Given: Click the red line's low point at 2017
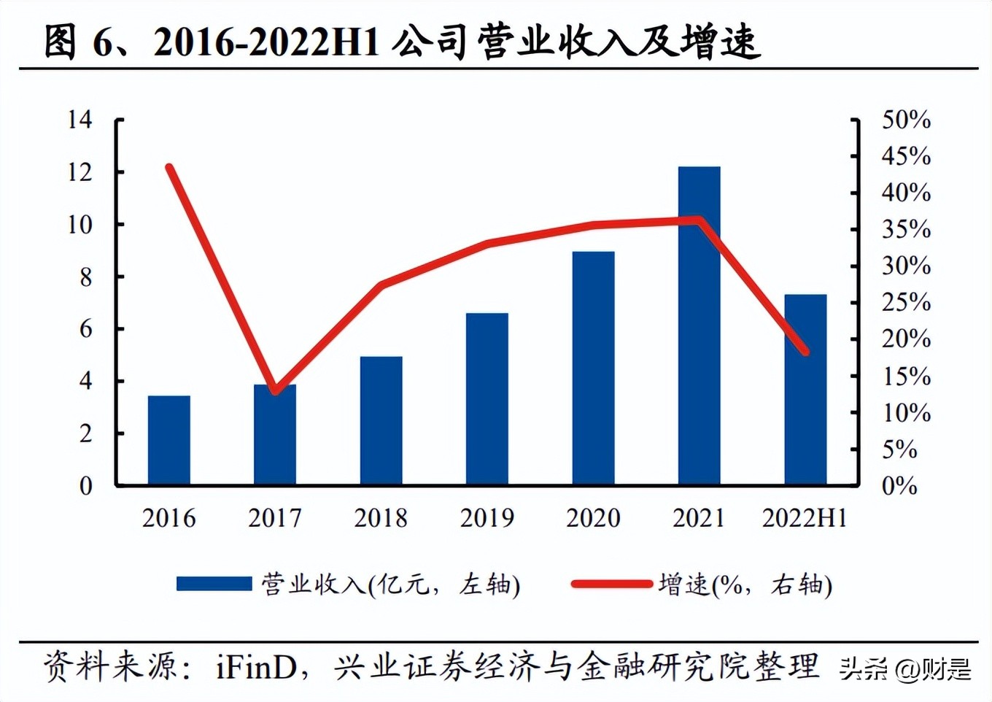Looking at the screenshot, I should click(x=275, y=390).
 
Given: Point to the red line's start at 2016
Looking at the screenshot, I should click(x=169, y=167).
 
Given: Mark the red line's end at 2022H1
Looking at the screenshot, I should click(x=805, y=352).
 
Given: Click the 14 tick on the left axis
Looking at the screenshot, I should click(x=80, y=119).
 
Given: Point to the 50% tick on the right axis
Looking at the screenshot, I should click(x=906, y=120).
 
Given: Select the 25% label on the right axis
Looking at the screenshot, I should click(x=906, y=302).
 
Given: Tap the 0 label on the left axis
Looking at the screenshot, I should click(x=85, y=486).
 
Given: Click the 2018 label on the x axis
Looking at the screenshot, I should click(x=381, y=518).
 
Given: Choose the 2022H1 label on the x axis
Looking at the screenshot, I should click(x=805, y=518).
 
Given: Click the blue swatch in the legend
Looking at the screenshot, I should click(x=214, y=584).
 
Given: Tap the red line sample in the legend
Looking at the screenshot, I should click(x=611, y=584).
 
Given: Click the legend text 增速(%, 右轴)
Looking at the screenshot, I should click(x=745, y=585).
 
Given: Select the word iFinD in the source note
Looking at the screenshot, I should click(x=256, y=667).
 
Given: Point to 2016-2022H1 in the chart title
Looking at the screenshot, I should click(x=267, y=42).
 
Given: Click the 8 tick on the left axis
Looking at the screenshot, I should click(x=85, y=277).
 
